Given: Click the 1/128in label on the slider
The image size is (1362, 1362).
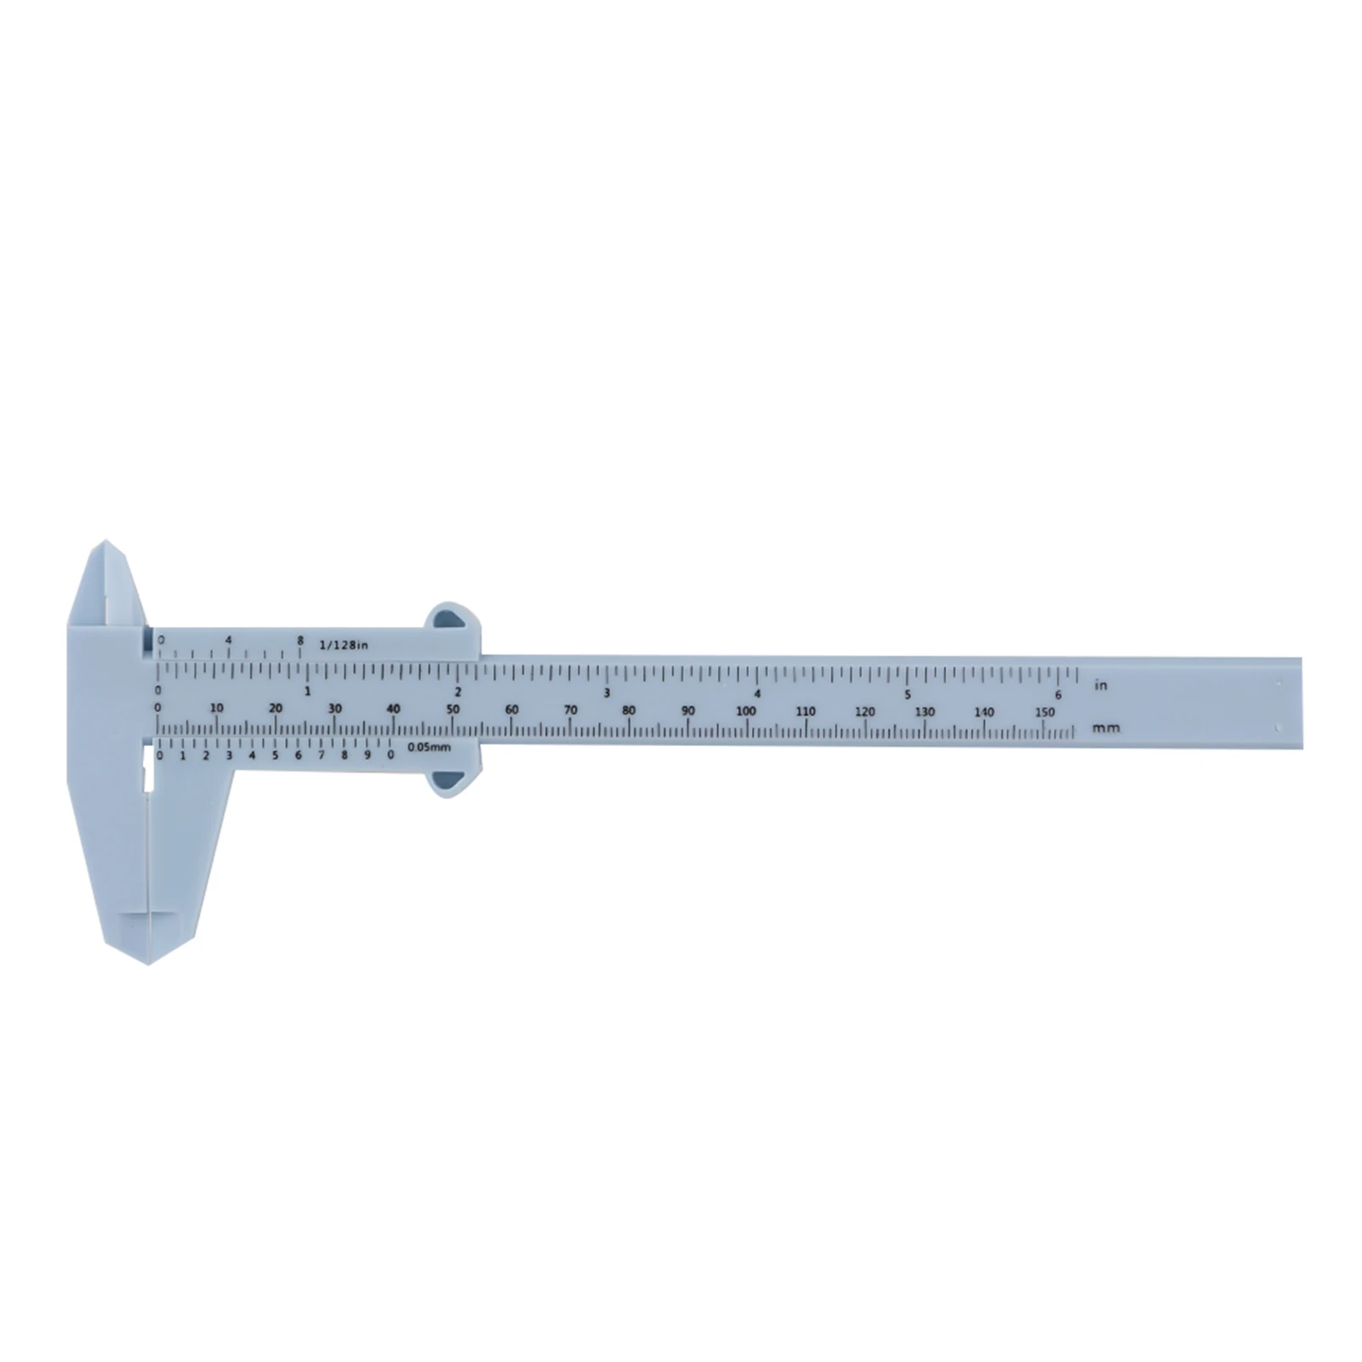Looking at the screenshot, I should (344, 644).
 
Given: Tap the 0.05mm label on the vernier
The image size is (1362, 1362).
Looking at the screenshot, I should (428, 747).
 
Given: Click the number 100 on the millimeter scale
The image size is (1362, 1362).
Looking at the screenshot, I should (746, 711).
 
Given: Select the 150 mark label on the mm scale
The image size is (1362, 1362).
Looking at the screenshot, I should (1046, 712).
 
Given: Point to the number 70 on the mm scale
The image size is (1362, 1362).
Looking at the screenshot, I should (571, 710).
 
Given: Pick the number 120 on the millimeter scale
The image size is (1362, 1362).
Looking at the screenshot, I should (865, 712).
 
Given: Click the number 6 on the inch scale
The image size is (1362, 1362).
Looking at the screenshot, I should (1058, 694).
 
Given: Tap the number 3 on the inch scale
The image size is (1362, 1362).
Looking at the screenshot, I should (607, 692).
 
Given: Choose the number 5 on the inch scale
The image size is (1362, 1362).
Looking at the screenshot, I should (908, 693).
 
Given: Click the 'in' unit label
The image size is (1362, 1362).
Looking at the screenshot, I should (1101, 685).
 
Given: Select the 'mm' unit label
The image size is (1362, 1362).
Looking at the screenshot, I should (1108, 728).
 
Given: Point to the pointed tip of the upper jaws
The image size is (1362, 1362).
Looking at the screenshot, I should (105, 541).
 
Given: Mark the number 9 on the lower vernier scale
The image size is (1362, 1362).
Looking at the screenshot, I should (368, 755).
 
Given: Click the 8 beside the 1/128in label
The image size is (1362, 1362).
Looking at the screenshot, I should (299, 640).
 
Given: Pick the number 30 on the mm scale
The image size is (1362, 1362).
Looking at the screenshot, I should (334, 709).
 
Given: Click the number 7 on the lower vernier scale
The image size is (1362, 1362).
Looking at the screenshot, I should (321, 755).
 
